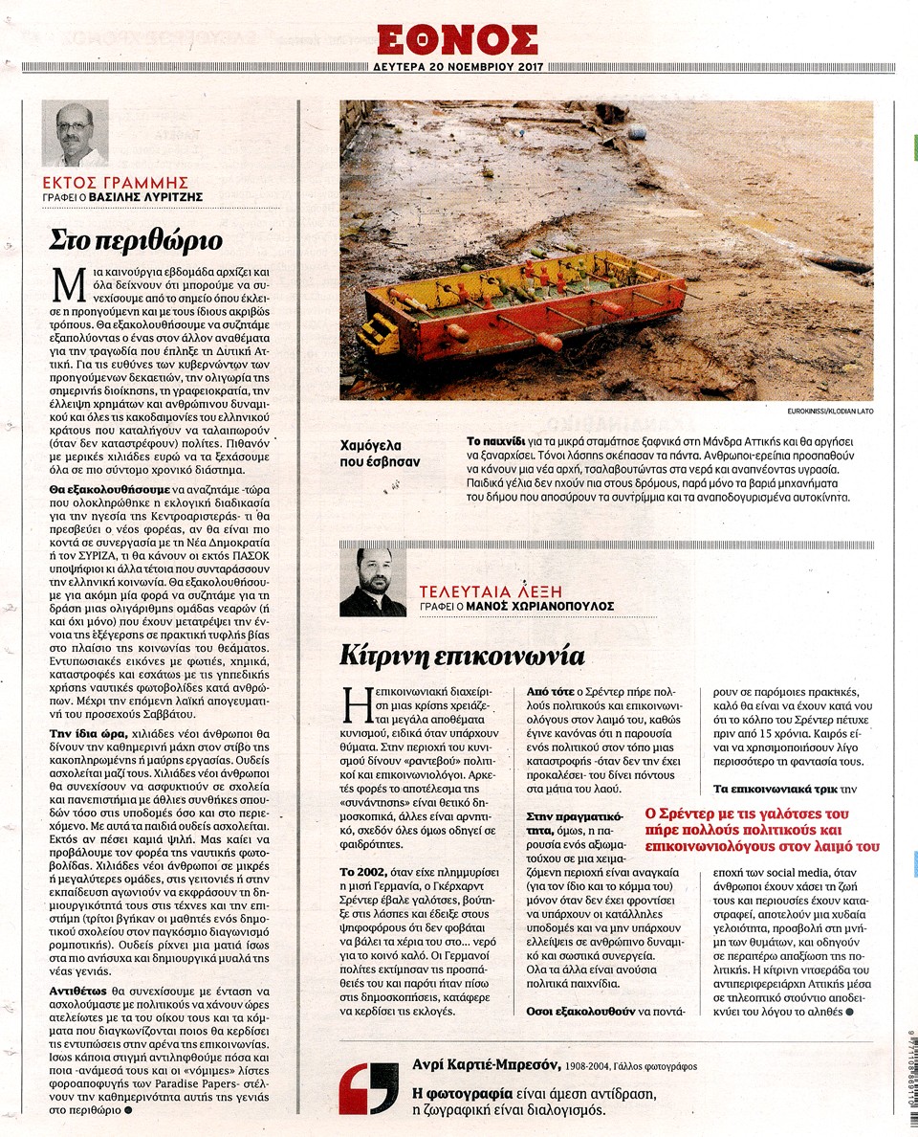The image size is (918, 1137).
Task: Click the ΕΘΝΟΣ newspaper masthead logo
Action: tap(457, 39)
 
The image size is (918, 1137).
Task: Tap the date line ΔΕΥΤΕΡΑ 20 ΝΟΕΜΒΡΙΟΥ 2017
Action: tap(457, 68)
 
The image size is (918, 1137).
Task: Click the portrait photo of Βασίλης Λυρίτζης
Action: tap(76, 134)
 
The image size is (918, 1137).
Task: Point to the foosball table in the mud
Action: tap(522, 302)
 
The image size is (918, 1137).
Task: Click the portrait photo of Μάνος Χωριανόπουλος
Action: tap(373, 582)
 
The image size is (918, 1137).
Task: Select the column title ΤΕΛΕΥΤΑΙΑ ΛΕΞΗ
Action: tap(489, 591)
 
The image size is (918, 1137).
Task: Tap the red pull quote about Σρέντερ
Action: tap(762, 830)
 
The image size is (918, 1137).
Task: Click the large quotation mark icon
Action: tap(369, 1087)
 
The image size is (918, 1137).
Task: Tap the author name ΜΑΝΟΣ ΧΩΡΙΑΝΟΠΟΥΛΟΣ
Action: tap(539, 607)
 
